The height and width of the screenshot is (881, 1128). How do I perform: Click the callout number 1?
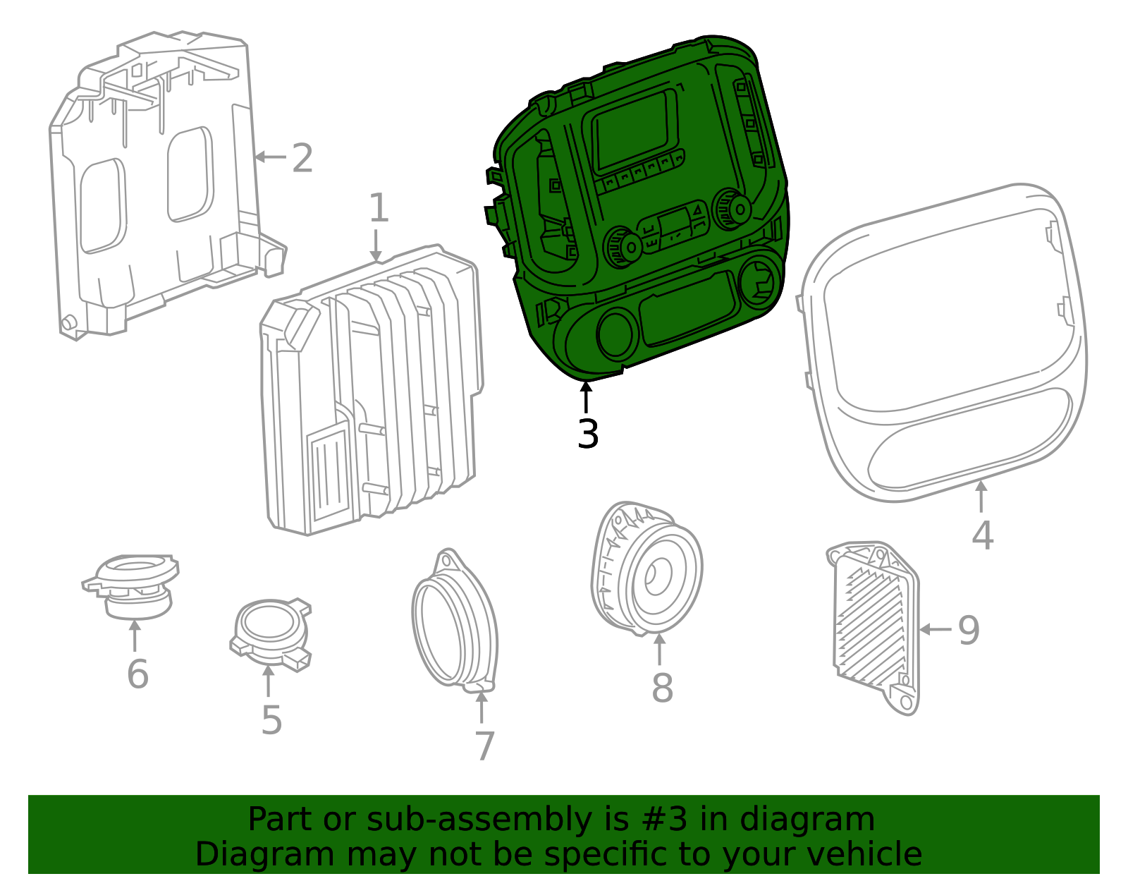pos(379,209)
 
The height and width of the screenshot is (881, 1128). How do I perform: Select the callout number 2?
pos(302,159)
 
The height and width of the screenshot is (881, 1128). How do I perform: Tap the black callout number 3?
pos(587,434)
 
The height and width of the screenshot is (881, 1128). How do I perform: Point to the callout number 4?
pos(982,535)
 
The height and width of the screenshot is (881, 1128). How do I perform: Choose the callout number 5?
pos(271,720)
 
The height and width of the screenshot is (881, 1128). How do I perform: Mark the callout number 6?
pos(137,674)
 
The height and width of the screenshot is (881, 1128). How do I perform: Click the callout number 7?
pos(484,746)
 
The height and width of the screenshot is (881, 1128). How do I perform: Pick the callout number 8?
pos(661,688)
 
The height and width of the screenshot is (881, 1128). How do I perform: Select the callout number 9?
pos(969,630)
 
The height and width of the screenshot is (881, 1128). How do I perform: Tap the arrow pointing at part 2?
pos(269,157)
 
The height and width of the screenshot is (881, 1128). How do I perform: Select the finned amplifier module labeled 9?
pos(874,624)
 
